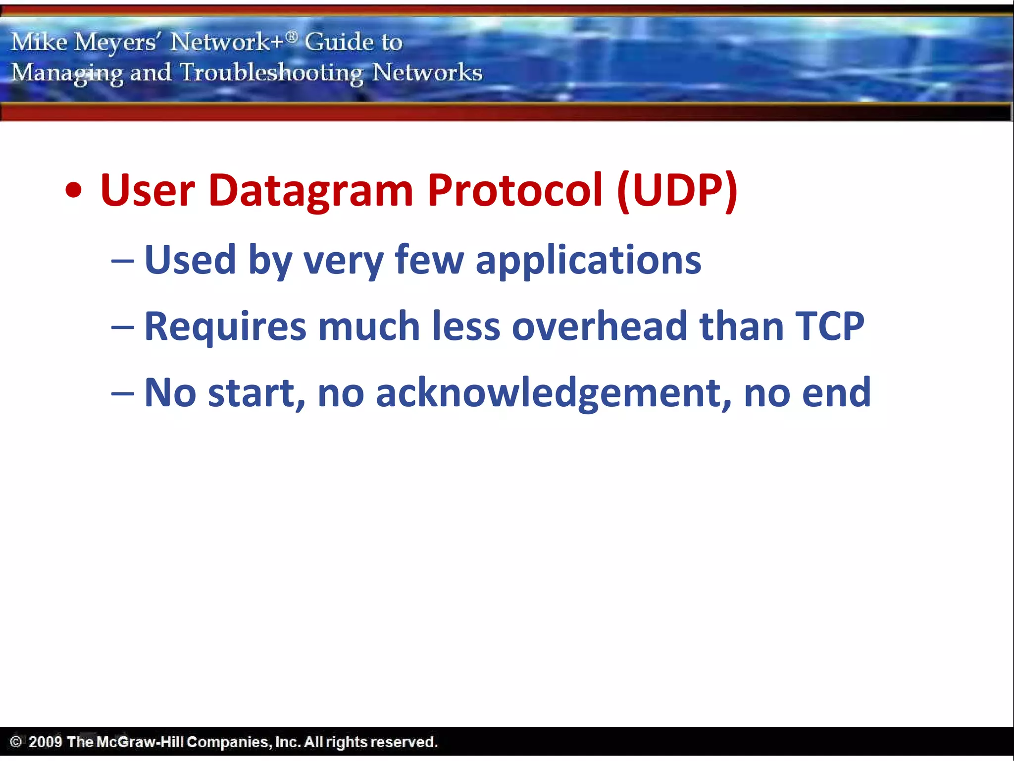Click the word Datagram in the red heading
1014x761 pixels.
tap(310, 191)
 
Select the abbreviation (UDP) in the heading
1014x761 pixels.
tap(677, 191)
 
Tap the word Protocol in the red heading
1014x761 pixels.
tap(515, 191)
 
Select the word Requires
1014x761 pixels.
tap(225, 327)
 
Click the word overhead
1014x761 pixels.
tap(599, 326)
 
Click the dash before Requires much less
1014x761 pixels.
tap(122, 327)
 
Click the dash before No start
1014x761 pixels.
tap(122, 394)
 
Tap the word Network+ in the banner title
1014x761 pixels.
tap(227, 42)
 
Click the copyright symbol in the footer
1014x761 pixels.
tap(16, 742)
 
